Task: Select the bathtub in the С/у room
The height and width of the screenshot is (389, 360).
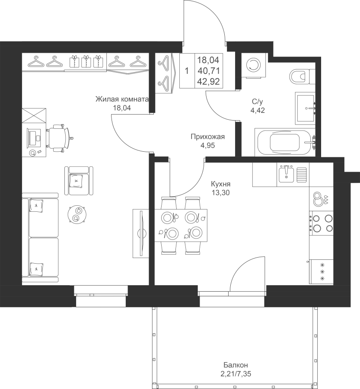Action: coord(285,142)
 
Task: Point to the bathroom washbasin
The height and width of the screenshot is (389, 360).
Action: coord(305,108)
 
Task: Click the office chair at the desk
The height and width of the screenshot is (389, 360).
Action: coord(59,138)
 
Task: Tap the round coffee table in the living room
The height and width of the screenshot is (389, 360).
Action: coord(77,214)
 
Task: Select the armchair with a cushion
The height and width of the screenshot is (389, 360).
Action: coord(79,181)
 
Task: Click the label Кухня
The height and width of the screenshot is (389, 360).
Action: coord(220,184)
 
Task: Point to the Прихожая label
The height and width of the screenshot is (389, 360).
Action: coord(208,137)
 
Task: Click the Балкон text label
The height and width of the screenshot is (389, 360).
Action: coord(236,365)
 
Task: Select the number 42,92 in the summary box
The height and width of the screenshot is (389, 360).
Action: coord(209,82)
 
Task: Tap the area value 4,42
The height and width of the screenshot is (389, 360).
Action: coord(258,110)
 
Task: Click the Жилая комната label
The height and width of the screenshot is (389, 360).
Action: coord(122,99)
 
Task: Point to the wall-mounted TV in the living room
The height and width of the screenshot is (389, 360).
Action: coord(141,233)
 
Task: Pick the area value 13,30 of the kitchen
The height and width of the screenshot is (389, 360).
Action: coord(220,192)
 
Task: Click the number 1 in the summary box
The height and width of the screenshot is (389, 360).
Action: coord(187,71)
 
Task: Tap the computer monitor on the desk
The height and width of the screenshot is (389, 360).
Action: coord(32,138)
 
